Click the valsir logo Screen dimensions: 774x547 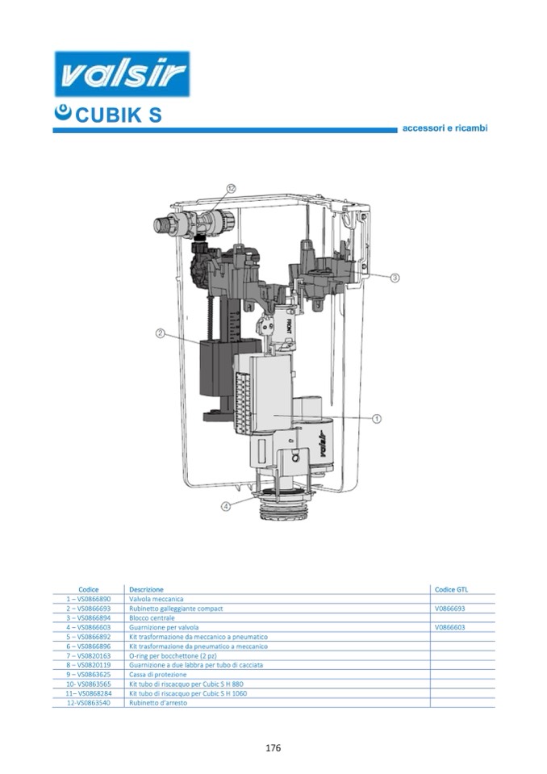pos(122,74)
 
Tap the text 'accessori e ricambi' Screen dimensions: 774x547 pos(445,128)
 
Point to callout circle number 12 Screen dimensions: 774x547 pos(231,187)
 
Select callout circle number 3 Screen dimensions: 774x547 pos(395,278)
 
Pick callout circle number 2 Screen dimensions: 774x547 pos(161,333)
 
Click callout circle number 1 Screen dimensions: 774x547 pos(377,419)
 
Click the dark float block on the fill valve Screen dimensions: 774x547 pos(215,366)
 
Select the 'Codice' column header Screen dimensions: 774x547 pos(89,590)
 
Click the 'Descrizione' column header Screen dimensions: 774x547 pos(146,590)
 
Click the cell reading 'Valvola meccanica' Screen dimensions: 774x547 pos(157,599)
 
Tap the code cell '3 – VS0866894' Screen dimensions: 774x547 pos(88,618)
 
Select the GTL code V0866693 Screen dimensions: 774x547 pos(450,609)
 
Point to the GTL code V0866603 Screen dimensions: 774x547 pos(450,627)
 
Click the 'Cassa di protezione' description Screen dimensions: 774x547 pos(157,675)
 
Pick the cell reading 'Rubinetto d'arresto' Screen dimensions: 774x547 pos(158,703)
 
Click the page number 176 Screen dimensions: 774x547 pos(273,748)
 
